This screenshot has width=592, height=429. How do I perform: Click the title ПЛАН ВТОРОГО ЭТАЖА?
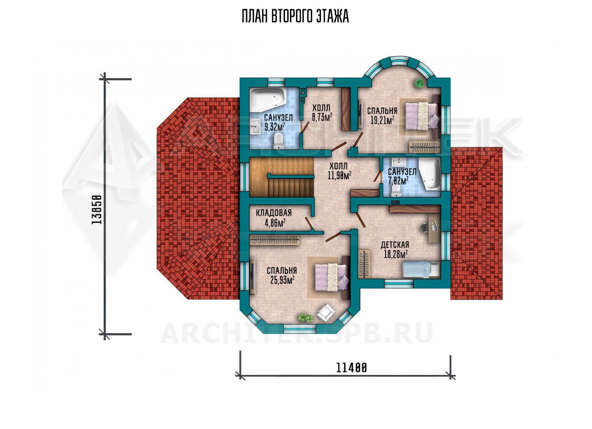click(295, 16)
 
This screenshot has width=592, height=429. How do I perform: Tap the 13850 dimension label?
click(97, 210)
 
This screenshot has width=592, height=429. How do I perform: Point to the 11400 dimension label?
click(351, 368)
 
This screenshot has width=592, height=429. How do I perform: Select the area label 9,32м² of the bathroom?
click(274, 127)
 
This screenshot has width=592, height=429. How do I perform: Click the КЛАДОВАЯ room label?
click(274, 213)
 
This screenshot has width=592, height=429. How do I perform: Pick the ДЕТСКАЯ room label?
click(395, 245)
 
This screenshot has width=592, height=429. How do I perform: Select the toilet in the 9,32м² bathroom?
click(278, 141)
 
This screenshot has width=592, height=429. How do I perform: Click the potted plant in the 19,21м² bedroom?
click(419, 83)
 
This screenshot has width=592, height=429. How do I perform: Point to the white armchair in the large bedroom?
click(326, 312)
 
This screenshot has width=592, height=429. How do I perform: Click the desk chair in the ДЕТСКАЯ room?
click(424, 227)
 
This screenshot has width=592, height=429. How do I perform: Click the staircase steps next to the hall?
click(281, 177)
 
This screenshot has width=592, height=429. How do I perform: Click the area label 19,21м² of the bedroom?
click(382, 120)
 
